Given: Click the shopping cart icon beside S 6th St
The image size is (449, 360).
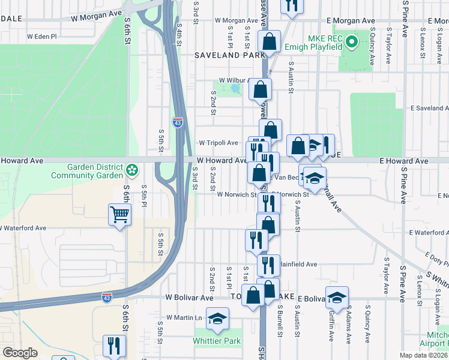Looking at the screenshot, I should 120,214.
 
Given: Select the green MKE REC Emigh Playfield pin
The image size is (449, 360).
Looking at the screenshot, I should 352,42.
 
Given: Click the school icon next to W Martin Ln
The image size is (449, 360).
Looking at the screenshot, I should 217,319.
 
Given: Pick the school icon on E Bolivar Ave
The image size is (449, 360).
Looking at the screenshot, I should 337,297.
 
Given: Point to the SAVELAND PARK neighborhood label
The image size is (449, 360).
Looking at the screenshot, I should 229,55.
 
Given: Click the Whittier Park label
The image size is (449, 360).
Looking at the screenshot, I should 217,341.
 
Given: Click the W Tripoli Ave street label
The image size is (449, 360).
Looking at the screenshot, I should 219,143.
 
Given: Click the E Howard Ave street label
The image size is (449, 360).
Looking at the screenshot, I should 403,161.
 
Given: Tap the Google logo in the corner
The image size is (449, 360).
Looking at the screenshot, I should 19,353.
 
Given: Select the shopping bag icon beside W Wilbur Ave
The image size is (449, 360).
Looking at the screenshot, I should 260,90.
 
